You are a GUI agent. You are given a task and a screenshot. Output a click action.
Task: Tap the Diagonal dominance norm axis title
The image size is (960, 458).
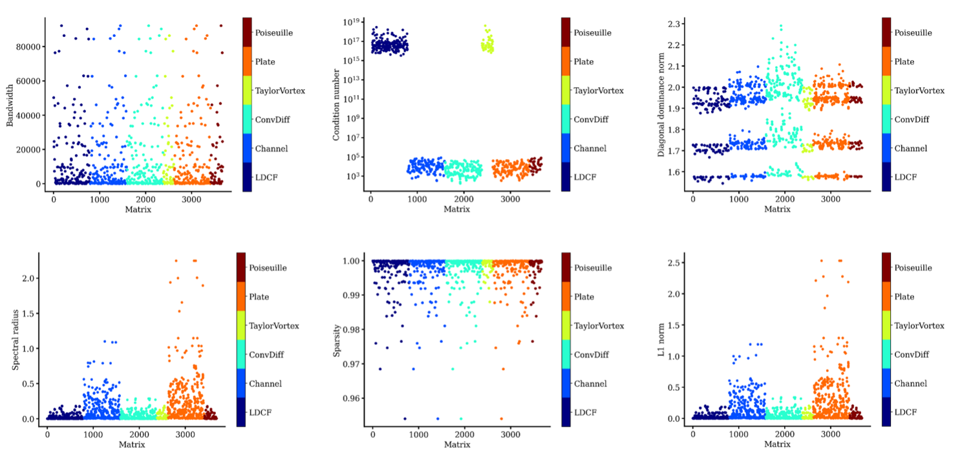pyautogui.click(x=661, y=106)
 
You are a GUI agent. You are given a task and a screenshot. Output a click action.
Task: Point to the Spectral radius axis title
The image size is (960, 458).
pyautogui.click(x=15, y=340)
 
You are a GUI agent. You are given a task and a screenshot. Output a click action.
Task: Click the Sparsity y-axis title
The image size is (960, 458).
pyautogui.click(x=337, y=339)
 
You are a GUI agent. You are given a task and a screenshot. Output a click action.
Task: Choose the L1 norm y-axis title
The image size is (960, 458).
pyautogui.click(x=661, y=340)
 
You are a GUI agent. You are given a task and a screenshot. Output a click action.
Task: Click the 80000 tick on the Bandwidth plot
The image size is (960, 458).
pyautogui.click(x=31, y=47)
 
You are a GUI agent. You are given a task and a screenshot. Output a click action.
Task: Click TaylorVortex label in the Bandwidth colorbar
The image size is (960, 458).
pyautogui.click(x=280, y=91)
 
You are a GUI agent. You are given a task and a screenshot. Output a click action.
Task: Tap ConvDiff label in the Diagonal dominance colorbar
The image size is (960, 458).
pyautogui.click(x=912, y=120)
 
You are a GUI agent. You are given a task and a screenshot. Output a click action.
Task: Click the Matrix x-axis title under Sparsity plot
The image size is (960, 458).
pyautogui.click(x=457, y=445)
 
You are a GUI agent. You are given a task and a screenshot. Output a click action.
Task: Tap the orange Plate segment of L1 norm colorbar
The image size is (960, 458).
pyautogui.click(x=886, y=296)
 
